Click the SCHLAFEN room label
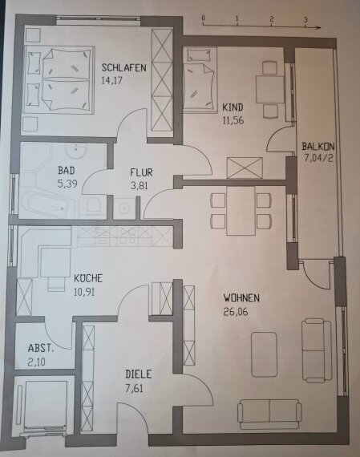123,68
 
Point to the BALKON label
318,147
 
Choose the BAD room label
67,171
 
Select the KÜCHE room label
87,278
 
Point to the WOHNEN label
242,297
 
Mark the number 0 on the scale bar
204,17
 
